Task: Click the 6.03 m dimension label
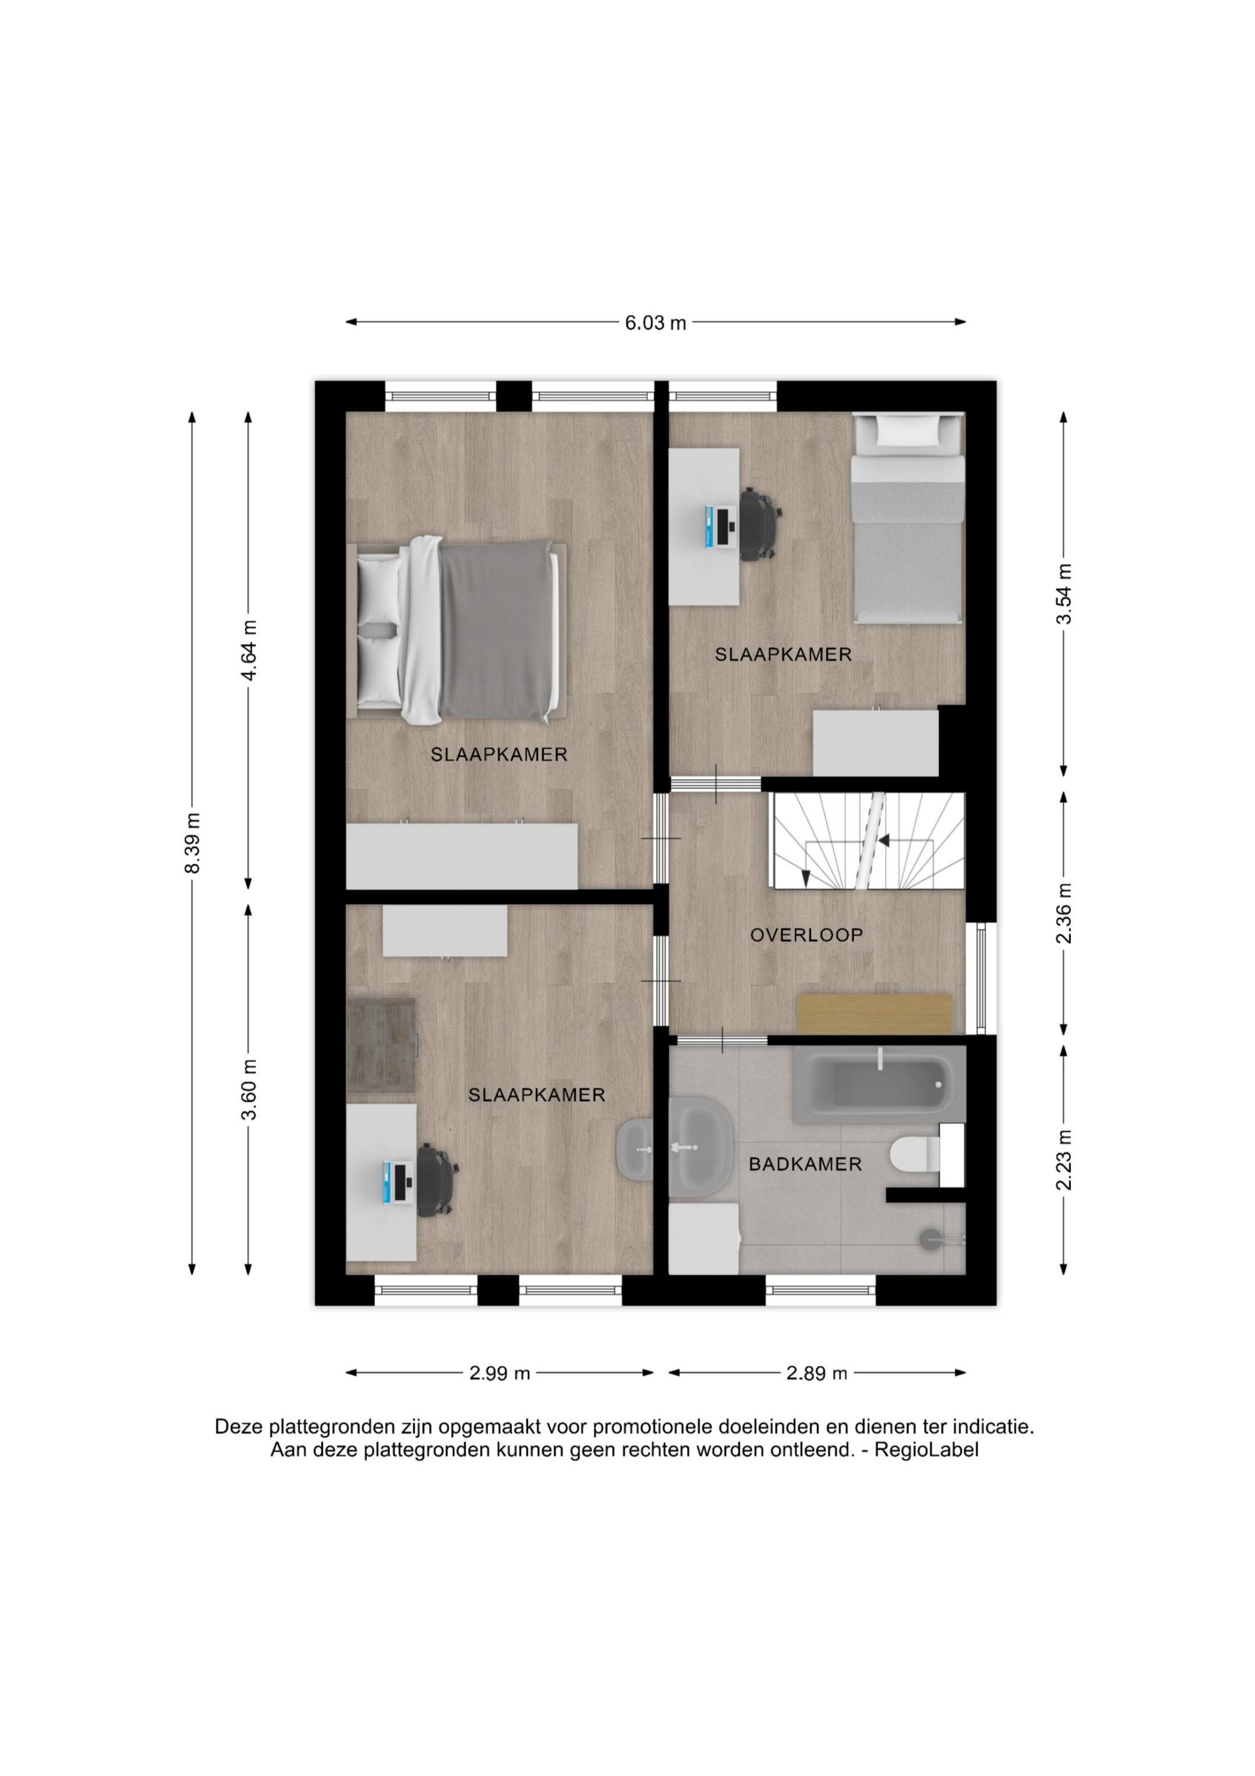pyautogui.click(x=656, y=323)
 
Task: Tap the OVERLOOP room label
pyautogui.click(x=806, y=935)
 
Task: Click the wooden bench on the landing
pyautogui.click(x=875, y=1014)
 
